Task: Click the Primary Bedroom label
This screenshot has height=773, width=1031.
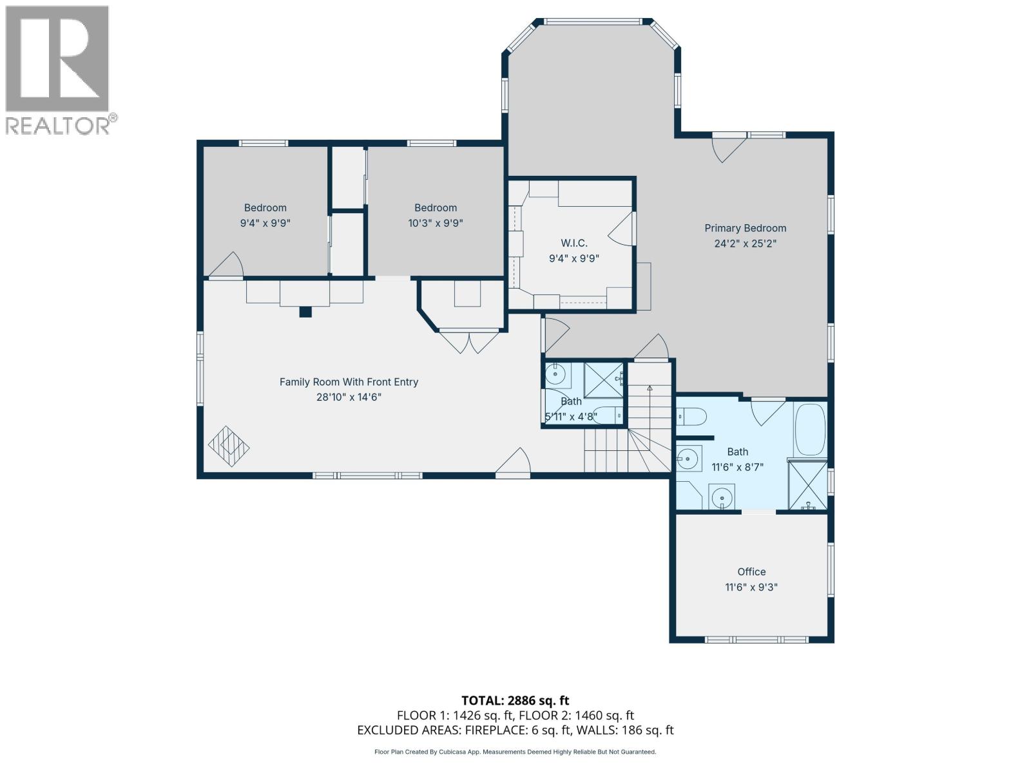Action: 745,228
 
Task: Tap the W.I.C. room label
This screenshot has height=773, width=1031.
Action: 573,243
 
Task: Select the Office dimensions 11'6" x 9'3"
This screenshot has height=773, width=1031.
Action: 751,587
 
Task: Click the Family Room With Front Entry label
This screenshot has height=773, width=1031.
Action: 349,382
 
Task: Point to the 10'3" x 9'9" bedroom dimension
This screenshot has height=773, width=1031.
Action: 436,223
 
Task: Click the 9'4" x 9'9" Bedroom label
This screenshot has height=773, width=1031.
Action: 265,207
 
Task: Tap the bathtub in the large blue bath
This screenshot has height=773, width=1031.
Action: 810,429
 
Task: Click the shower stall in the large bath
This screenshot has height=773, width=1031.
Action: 807,486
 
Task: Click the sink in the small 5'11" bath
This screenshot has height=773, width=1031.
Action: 554,374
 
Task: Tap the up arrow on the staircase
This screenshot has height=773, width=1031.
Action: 650,388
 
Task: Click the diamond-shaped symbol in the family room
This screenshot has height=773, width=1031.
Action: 229,446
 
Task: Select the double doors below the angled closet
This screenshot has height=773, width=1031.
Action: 469,341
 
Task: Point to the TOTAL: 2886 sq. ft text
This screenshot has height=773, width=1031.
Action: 515,700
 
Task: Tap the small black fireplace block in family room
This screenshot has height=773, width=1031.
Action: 305,312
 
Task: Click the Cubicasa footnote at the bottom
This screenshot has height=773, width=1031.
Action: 515,752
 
